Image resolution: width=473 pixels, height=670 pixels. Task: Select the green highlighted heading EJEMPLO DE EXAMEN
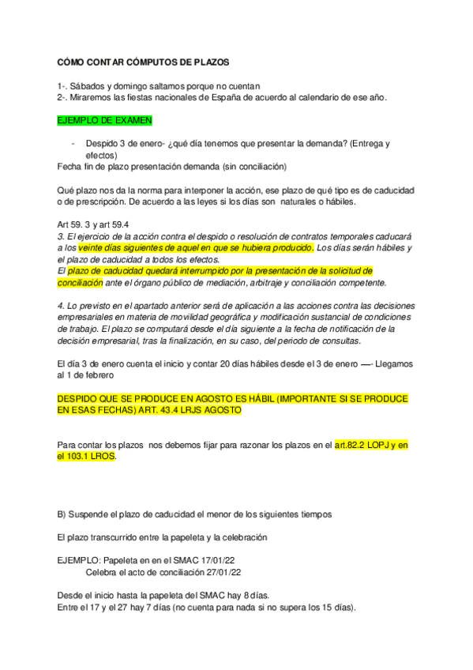click(105, 120)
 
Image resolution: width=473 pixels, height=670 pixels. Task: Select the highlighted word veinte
click(92, 247)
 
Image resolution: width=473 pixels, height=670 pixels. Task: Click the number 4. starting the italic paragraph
click(62, 305)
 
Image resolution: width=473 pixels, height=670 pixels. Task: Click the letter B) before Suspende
click(62, 514)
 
